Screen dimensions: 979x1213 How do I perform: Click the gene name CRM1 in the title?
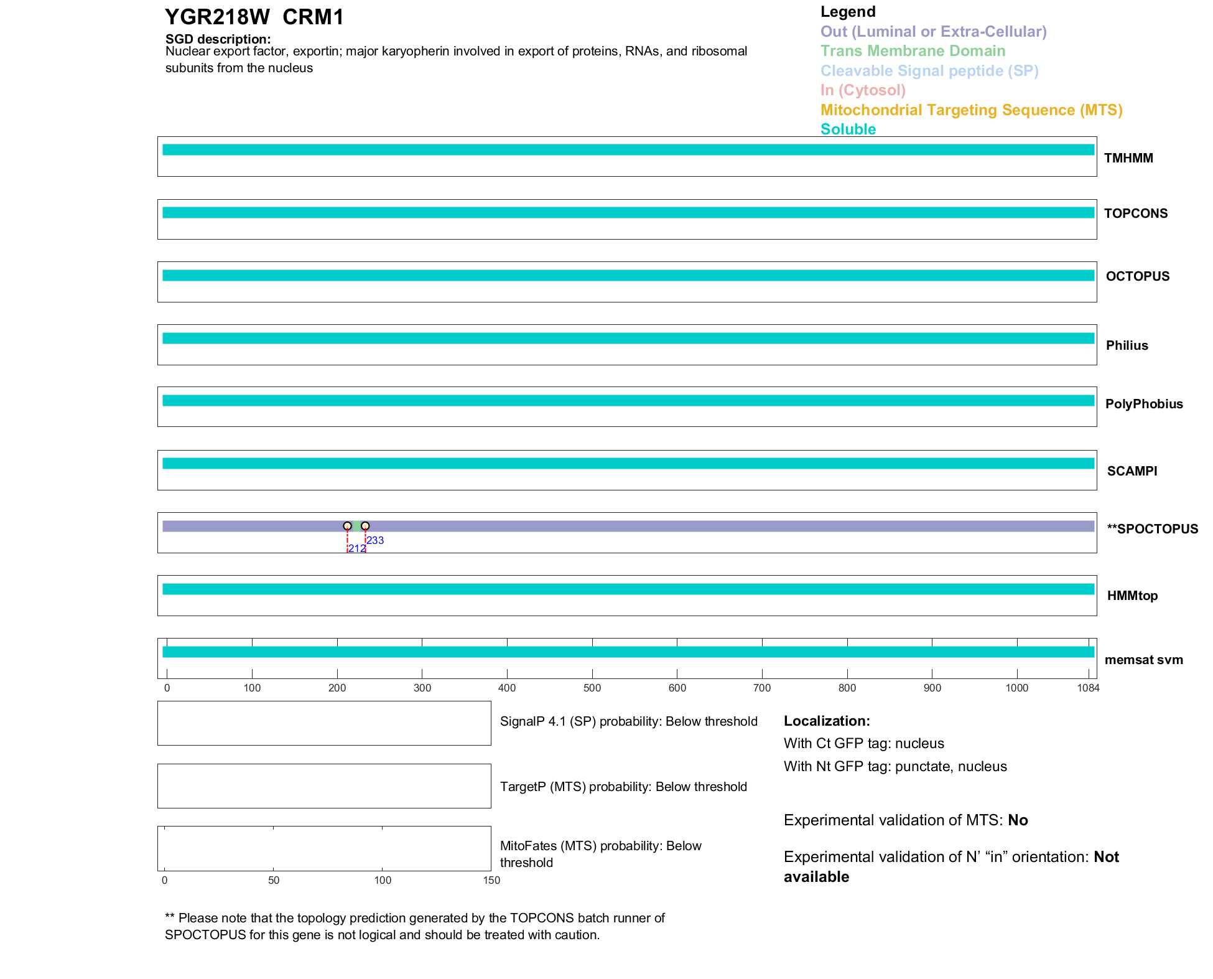point(313,17)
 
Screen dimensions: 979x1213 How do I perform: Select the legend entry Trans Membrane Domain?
point(913,51)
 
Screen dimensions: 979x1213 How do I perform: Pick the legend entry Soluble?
point(848,129)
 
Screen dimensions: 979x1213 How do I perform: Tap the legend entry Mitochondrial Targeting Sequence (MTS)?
point(971,110)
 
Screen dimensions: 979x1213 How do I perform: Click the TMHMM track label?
point(1128,158)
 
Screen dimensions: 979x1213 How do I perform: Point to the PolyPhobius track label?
point(1143,404)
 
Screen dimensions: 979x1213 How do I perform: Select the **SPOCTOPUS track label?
point(1152,529)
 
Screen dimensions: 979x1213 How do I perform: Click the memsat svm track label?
point(1143,660)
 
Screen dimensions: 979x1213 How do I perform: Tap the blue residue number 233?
point(375,540)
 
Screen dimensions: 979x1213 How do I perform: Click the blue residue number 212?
point(356,548)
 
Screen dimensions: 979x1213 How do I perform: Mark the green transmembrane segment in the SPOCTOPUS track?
point(356,526)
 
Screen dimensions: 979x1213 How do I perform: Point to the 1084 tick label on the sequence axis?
point(1088,688)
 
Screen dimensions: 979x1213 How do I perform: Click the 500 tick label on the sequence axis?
point(592,688)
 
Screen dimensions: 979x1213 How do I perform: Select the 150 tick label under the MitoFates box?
point(491,880)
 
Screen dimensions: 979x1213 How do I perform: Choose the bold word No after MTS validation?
point(1018,820)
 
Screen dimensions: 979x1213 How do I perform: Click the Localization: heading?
point(827,721)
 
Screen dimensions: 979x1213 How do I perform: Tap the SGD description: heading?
point(218,39)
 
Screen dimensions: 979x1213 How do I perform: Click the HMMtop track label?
point(1132,596)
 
